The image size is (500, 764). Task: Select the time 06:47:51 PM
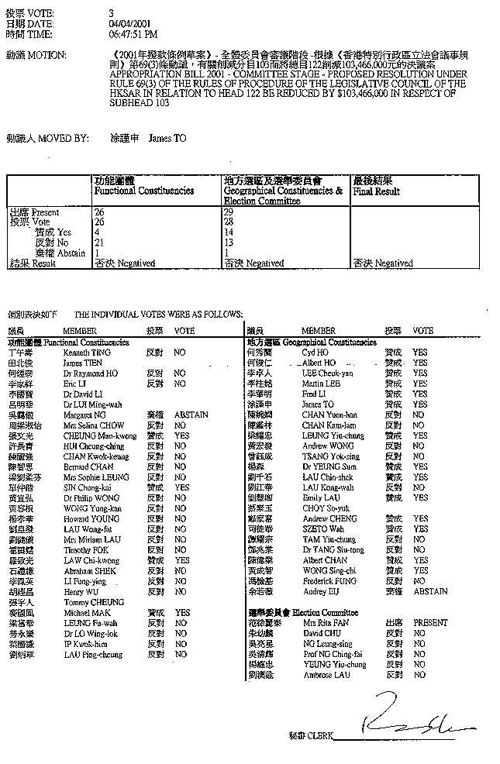pos(134,34)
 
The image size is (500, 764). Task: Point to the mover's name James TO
pos(167,138)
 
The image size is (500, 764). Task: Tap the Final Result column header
pos(376,190)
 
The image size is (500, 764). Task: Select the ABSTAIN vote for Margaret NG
pos(191,415)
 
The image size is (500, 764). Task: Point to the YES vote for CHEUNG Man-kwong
pos(182,435)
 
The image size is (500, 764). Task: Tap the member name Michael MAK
pos(84,612)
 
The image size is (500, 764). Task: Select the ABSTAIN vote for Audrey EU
pos(430,591)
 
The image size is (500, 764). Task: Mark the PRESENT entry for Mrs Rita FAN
pos(430,622)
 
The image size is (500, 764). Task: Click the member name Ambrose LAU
pos(326,675)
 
